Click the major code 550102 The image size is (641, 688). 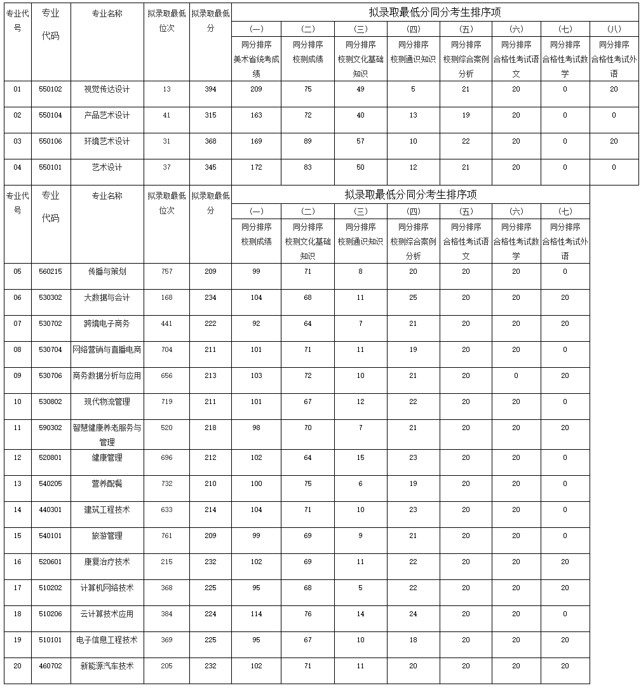pyautogui.click(x=51, y=89)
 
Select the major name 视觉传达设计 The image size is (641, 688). pyautogui.click(x=107, y=89)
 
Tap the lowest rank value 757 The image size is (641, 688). pyautogui.click(x=166, y=271)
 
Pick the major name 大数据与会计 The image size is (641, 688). pyautogui.click(x=107, y=297)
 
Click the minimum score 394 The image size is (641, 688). pyautogui.click(x=210, y=89)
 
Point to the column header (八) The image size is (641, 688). pyautogui.click(x=614, y=29)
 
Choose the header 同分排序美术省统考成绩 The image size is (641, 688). pyautogui.click(x=256, y=59)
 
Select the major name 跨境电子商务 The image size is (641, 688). pyautogui.click(x=107, y=323)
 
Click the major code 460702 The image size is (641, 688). pyautogui.click(x=51, y=666)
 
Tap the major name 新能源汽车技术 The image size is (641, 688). pyautogui.click(x=107, y=666)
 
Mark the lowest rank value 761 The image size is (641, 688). pyautogui.click(x=166, y=536)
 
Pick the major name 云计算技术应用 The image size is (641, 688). pyautogui.click(x=107, y=614)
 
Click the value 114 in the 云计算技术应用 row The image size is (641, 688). pyautogui.click(x=256, y=614)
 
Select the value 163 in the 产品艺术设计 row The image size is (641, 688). pyautogui.click(x=256, y=115)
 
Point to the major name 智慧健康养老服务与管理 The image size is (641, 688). pyautogui.click(x=107, y=435)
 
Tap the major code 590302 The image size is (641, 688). pyautogui.click(x=51, y=428)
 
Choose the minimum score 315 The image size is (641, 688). pyautogui.click(x=210, y=115)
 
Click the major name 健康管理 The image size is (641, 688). pyautogui.click(x=107, y=457)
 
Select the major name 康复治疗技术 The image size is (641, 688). pyautogui.click(x=107, y=562)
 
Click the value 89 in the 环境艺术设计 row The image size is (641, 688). pyautogui.click(x=308, y=141)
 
